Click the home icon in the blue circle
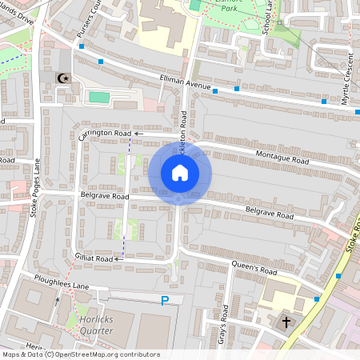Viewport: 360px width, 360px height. coord(180,173)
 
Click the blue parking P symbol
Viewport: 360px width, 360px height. coord(165,300)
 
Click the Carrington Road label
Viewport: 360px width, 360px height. coord(104,133)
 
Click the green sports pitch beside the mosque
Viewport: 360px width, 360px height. coord(98,97)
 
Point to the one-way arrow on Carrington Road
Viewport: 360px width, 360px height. coord(138,133)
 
